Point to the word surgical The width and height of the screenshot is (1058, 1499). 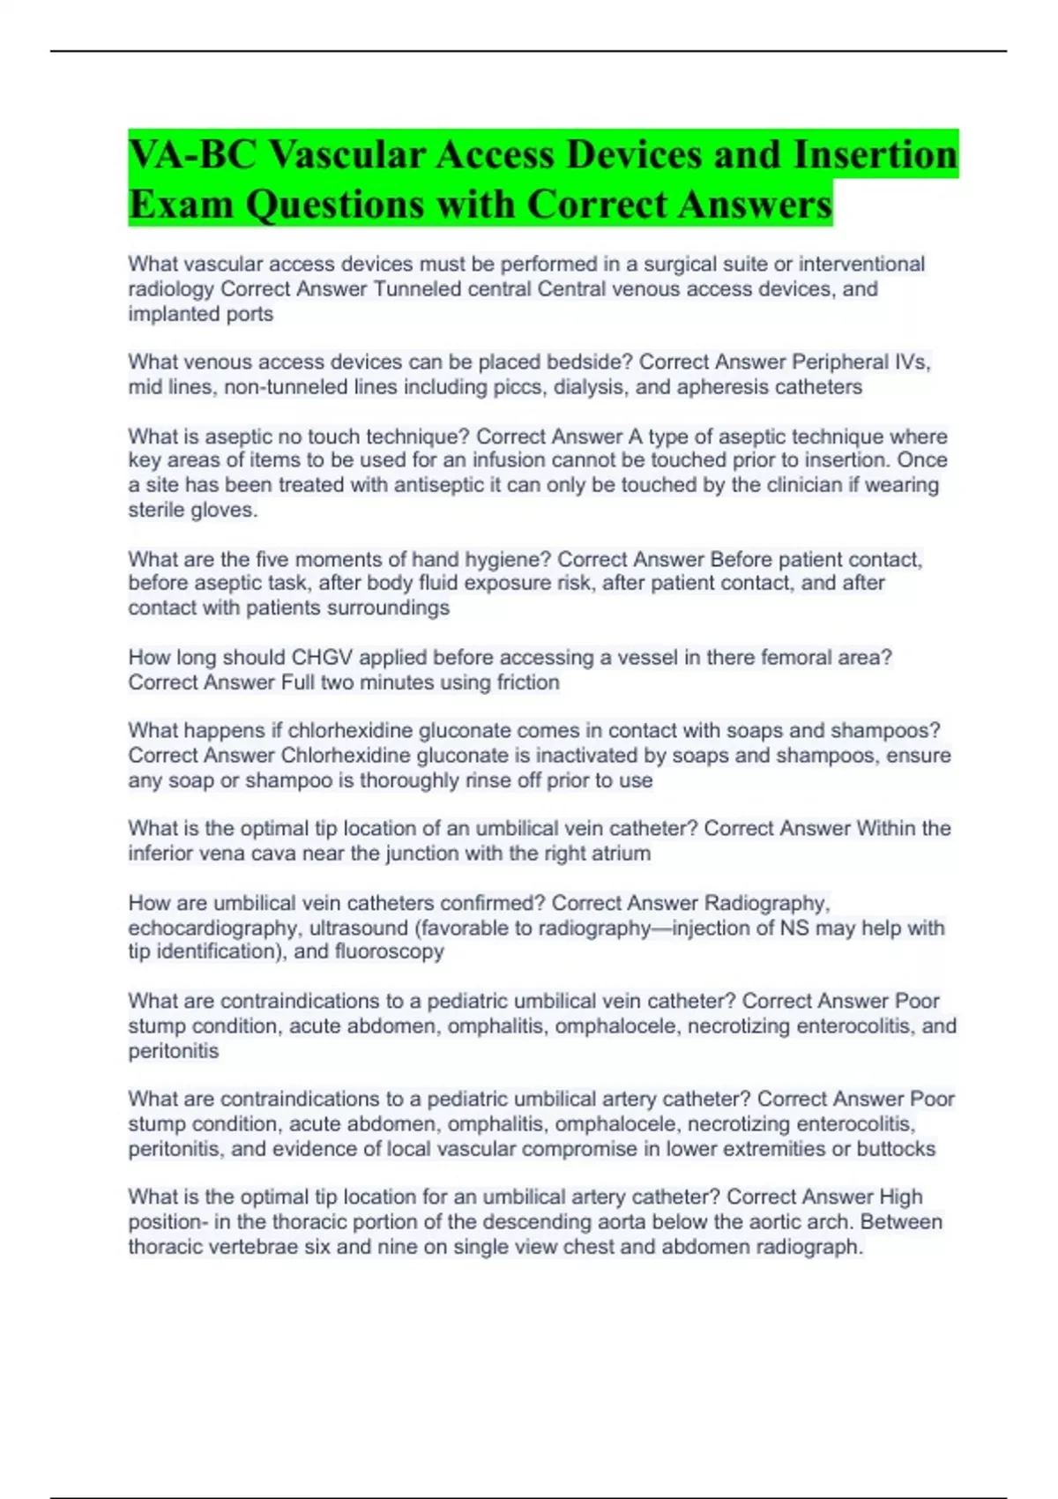[x=683, y=264]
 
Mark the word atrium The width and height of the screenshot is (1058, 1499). [x=622, y=853]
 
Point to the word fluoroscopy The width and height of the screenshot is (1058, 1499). [x=389, y=951]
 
